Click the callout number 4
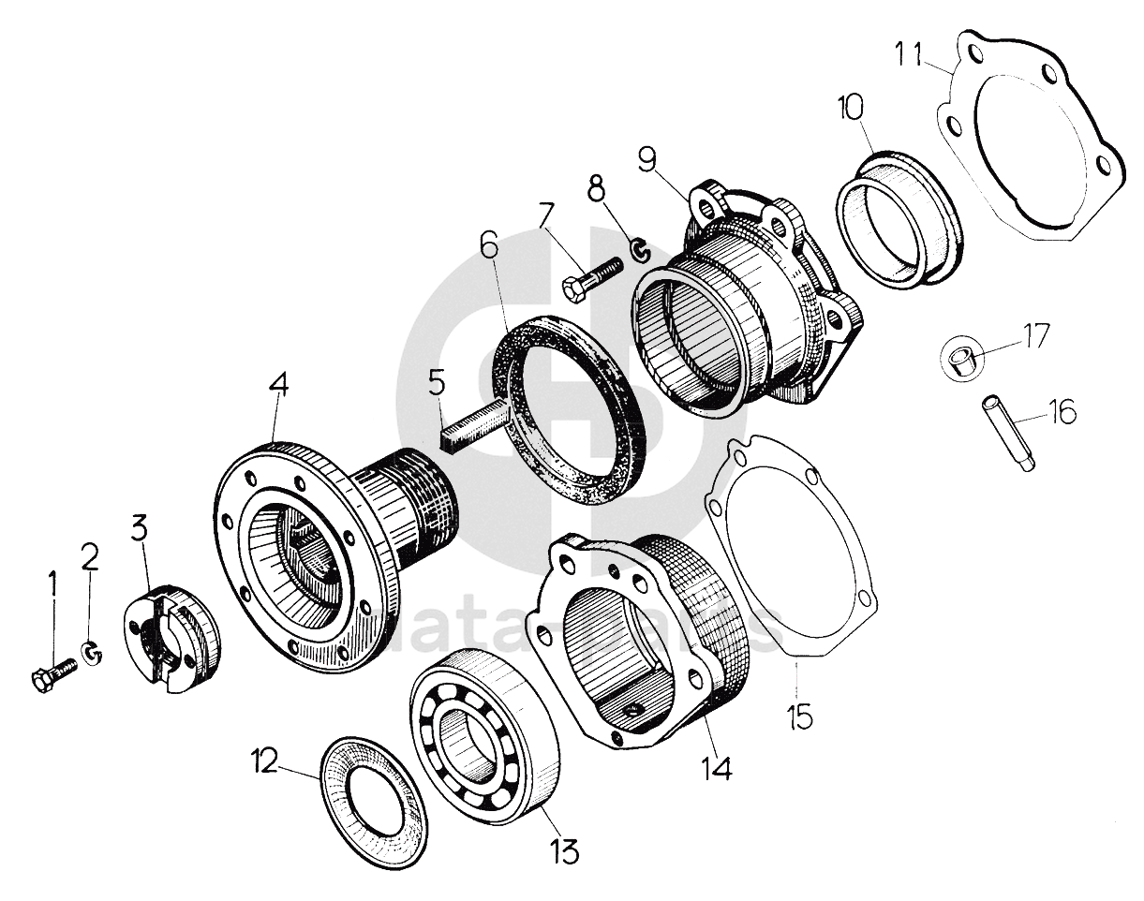coord(279,386)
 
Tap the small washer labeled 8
coord(639,250)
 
